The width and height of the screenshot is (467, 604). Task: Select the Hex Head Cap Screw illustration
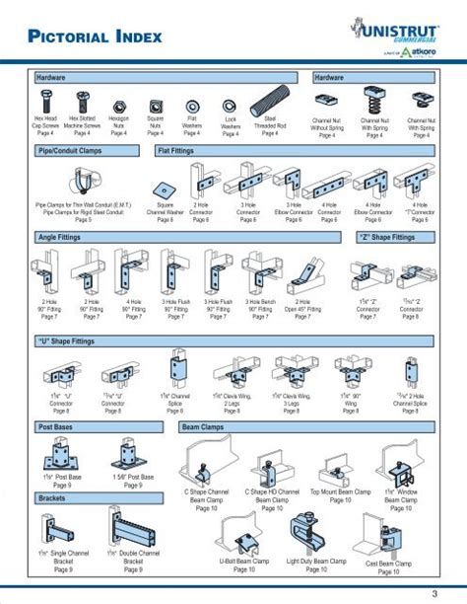[47, 102]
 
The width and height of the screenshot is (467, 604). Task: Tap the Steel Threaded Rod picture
[268, 100]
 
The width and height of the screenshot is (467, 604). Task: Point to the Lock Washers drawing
[230, 104]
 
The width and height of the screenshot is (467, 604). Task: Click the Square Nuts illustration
[155, 103]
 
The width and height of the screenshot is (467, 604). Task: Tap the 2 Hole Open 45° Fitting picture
[302, 273]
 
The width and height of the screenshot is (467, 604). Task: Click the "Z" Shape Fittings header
[385, 238]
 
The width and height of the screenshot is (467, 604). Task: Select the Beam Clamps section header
[203, 427]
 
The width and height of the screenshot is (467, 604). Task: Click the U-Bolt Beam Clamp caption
[244, 562]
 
